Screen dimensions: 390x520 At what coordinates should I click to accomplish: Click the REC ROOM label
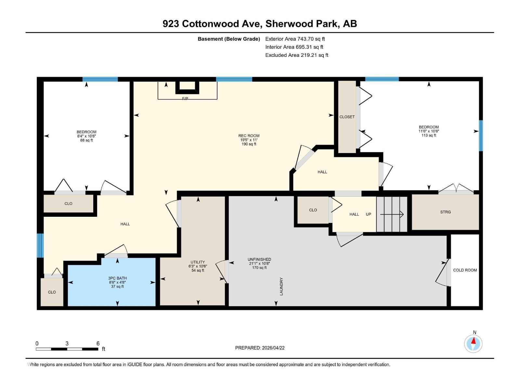coord(249,136)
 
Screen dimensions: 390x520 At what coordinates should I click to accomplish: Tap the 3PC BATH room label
coord(117,278)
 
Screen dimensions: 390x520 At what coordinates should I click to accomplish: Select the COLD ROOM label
coord(465,270)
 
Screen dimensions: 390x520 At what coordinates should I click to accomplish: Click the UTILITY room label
coord(198,262)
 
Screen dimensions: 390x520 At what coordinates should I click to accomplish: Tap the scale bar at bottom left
coord(67,349)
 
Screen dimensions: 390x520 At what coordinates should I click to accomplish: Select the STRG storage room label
coord(445,212)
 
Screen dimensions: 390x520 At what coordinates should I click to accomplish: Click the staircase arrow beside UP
coord(392,214)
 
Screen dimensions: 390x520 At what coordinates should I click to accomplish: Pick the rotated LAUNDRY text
coord(281,286)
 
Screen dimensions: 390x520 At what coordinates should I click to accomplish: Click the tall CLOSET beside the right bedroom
coord(347,117)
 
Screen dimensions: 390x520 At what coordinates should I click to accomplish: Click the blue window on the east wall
coord(481,136)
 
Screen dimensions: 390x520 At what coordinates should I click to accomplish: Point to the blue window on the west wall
coord(40,245)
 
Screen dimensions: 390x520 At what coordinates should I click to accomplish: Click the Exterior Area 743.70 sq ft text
coord(295,39)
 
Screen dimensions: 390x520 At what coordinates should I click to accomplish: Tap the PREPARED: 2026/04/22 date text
coord(260,348)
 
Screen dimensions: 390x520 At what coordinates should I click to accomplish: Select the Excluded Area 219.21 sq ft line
coord(296,55)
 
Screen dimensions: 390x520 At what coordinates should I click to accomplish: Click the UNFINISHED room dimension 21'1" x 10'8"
coord(259,264)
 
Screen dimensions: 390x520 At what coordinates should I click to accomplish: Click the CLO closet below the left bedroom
coord(68,203)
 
